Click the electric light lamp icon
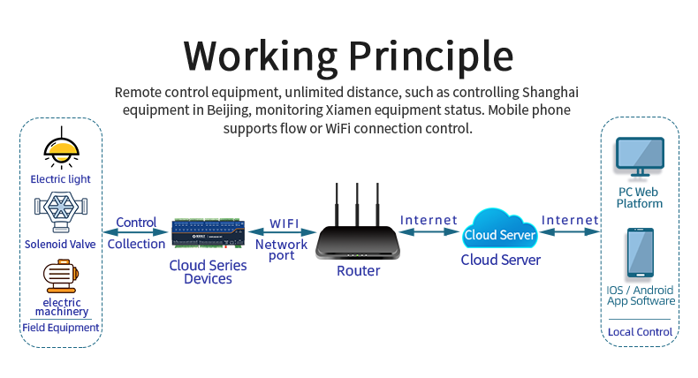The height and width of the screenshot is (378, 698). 61,147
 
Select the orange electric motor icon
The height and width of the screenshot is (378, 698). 61,276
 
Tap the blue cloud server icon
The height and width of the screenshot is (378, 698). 500,231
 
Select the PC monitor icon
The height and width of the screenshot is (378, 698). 640,159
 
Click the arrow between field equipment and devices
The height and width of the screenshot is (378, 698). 136,233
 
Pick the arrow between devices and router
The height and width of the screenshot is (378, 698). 282,233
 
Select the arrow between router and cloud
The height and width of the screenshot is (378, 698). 429,232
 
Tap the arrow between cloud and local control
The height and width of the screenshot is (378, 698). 570,232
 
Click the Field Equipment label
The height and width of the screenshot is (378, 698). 61,328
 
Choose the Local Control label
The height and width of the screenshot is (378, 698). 640,332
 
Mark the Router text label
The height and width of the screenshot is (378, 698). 358,271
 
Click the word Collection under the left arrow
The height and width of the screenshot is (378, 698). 136,244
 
